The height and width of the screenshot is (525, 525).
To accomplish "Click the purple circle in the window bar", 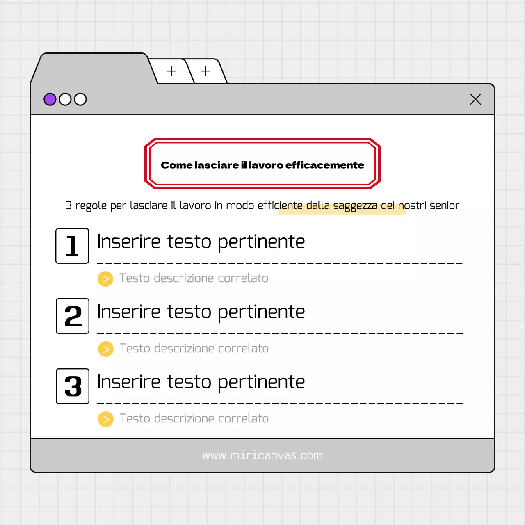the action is pos(50,99).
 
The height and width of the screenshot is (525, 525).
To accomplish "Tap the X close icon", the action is pos(475,99).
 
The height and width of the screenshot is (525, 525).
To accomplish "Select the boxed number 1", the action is pos(72,246).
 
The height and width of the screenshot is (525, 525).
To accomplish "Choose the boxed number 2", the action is pos(73,316).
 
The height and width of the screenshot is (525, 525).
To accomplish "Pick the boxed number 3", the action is pos(73,386).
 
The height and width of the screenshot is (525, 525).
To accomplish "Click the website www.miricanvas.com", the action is pos(262,456).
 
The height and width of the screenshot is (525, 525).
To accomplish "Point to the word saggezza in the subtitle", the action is pos(355,206).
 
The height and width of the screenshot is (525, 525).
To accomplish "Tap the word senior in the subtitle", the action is pos(444,205).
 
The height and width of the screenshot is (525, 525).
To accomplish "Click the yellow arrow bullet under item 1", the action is pos(105,279).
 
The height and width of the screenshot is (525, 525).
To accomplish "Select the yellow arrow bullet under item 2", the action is pos(106,349).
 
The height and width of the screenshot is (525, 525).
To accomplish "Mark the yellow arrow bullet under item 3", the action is pos(106,419).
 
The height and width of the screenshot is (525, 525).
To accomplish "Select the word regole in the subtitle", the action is pos(91,206).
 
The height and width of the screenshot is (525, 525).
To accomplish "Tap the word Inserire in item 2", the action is pos(129,312).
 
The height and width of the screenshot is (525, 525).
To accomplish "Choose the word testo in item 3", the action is pos(189,382).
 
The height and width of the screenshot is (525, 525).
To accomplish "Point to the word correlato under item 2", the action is pos(243,349).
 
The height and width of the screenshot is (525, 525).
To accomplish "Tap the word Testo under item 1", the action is pos(135,278).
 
